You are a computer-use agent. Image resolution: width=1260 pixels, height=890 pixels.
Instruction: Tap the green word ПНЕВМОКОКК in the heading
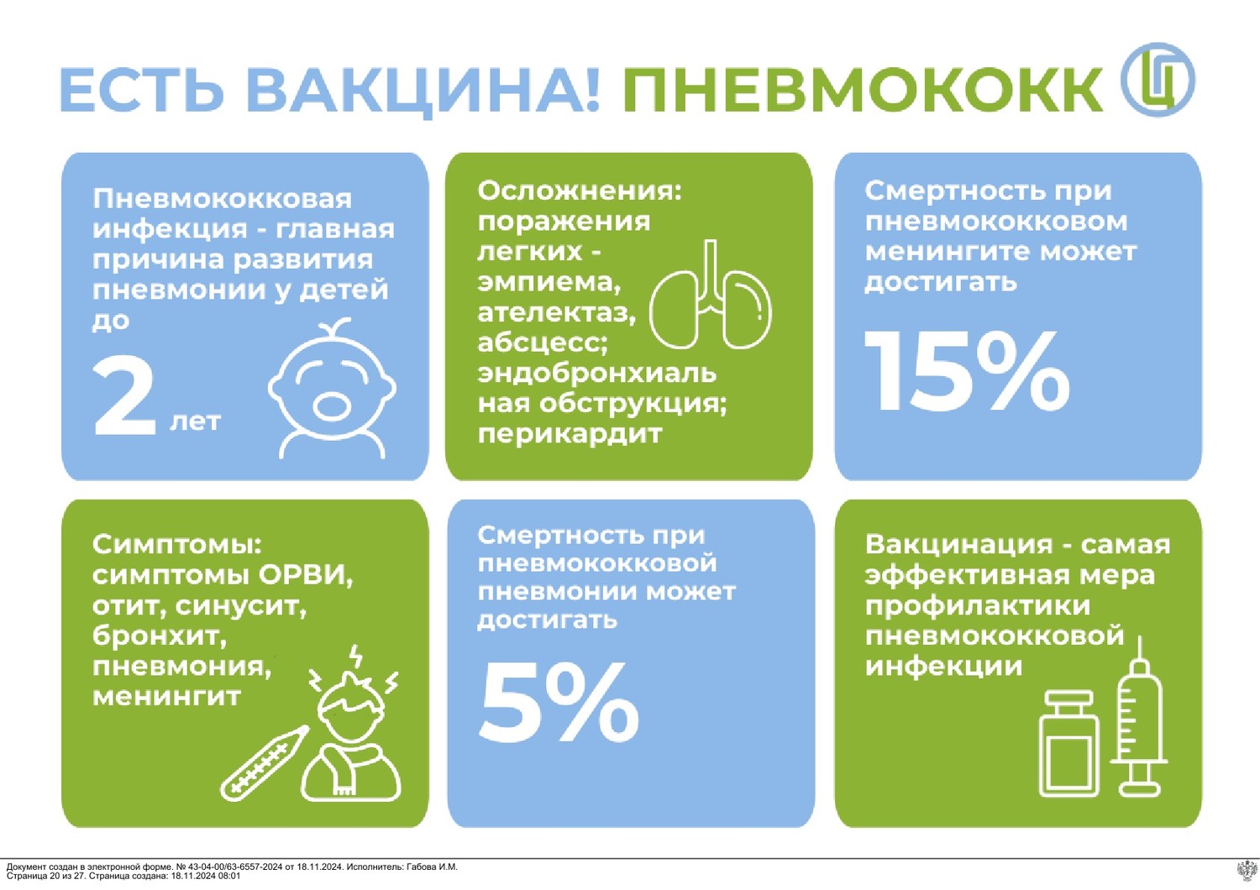[863, 90]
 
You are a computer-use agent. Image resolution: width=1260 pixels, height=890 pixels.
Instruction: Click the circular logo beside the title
[1157, 79]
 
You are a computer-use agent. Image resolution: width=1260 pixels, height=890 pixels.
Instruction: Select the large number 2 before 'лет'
[124, 397]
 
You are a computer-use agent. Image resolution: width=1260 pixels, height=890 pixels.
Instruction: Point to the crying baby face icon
[332, 388]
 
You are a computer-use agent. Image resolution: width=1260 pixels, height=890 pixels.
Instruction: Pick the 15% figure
[967, 372]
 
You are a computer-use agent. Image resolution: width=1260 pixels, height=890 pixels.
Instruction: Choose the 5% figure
[558, 702]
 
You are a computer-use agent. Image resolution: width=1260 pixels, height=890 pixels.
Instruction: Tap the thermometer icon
[265, 763]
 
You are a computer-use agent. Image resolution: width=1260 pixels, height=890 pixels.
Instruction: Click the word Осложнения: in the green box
[580, 191]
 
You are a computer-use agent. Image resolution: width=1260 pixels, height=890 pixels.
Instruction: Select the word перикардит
[570, 435]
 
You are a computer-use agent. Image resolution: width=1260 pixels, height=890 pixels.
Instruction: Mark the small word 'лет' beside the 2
[195, 421]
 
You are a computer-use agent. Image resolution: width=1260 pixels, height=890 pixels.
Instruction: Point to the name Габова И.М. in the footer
[432, 867]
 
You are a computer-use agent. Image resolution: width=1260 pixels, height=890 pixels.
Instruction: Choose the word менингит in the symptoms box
[166, 697]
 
